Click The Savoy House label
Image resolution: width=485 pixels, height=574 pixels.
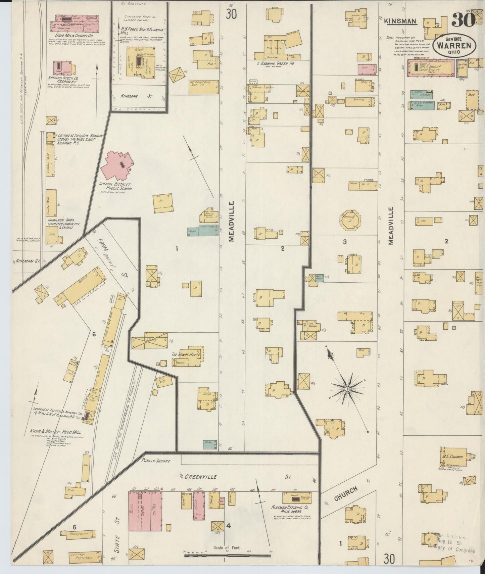coord(186,354)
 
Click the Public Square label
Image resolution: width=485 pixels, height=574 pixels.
coord(156,461)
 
